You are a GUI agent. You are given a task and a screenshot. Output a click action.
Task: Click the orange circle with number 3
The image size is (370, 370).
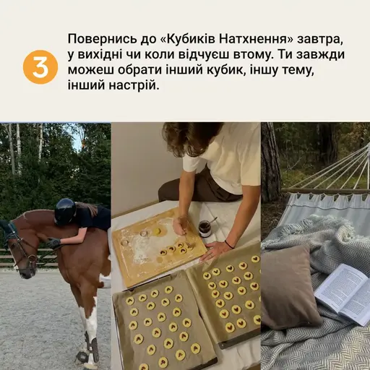point(40,67)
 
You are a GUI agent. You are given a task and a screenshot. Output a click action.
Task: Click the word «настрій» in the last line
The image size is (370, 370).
point(131,86)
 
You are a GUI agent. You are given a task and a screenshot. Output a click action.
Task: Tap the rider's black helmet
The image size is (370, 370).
point(65,211)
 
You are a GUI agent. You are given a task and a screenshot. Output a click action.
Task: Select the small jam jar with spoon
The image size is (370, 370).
point(205,229)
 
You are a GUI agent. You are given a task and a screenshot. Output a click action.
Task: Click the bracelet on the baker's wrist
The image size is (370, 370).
point(229,244)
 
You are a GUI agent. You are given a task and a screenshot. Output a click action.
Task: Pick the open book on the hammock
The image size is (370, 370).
point(343,293)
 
